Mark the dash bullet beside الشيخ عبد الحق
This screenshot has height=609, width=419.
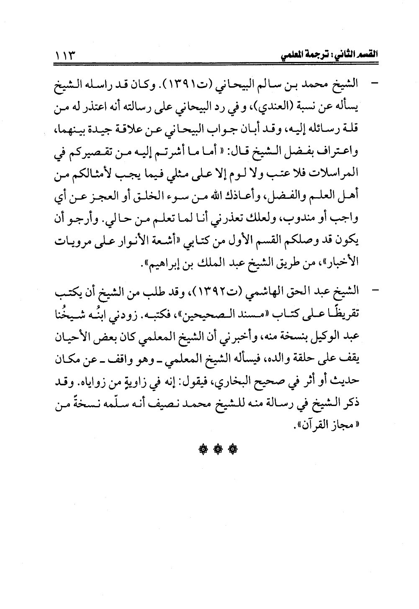(x=370, y=290)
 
